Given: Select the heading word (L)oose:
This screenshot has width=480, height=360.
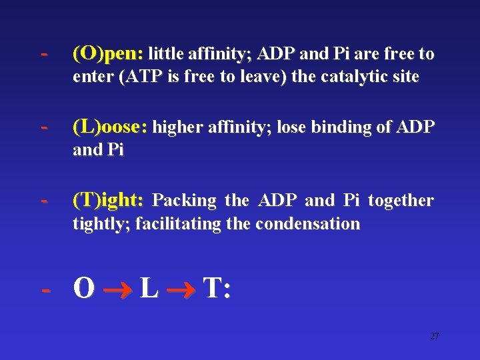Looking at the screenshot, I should [111, 126].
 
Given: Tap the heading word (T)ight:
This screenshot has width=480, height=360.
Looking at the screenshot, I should [107, 199].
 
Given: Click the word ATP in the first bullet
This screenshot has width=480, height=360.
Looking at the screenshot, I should [139, 77].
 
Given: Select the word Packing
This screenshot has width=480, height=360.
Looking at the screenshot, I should [185, 200].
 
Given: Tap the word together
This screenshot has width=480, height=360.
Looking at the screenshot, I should [401, 200].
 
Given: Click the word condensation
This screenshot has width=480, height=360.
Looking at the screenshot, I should [307, 223].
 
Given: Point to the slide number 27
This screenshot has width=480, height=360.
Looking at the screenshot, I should [434, 336].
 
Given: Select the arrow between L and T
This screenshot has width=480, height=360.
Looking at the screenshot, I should [180, 290].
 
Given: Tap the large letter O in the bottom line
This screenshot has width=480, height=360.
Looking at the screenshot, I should [84, 289].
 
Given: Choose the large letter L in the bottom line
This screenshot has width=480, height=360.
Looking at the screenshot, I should [149, 289].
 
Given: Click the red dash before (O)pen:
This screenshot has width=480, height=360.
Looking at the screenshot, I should [44, 53].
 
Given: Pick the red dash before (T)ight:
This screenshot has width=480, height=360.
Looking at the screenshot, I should [44, 199].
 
